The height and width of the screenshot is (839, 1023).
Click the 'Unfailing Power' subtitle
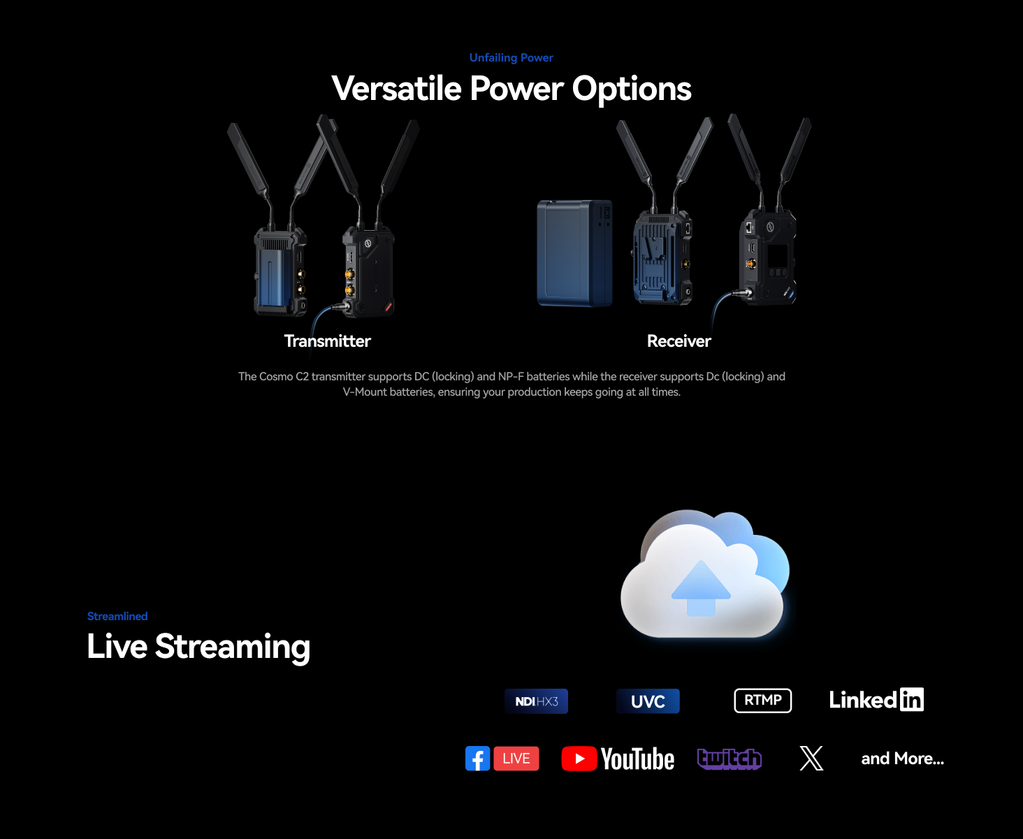click(x=511, y=58)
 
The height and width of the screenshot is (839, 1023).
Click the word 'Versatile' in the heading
click(x=396, y=89)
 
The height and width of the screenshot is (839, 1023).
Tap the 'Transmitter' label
click(x=328, y=341)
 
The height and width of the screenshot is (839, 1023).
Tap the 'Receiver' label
click(x=679, y=341)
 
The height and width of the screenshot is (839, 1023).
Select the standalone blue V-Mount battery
click(x=575, y=253)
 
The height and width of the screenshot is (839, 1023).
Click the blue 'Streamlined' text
click(x=117, y=616)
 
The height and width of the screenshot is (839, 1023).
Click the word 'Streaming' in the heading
click(x=233, y=647)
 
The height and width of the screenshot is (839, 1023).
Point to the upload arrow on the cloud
click(x=700, y=589)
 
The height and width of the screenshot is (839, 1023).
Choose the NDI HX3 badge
click(x=536, y=701)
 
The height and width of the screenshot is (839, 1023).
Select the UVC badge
click(x=648, y=701)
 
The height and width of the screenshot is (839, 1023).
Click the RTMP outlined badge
click(x=762, y=701)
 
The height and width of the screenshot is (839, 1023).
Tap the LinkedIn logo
click(x=876, y=700)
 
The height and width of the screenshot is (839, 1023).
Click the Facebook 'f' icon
click(x=477, y=759)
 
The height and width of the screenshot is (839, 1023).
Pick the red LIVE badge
click(x=516, y=759)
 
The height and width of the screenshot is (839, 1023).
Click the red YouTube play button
click(x=579, y=759)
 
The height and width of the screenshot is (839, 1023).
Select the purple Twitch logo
click(x=729, y=759)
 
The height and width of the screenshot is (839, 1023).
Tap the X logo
click(x=811, y=759)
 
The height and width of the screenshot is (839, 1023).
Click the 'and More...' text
click(x=902, y=759)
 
